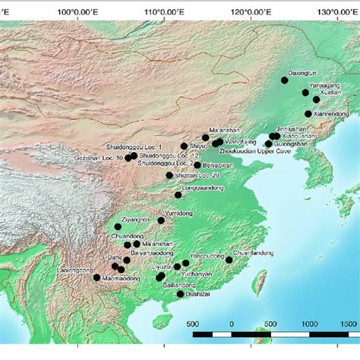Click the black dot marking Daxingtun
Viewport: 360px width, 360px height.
[x=285, y=80]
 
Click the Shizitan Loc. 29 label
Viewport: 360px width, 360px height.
[x=197, y=175]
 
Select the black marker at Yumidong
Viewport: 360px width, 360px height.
[x=161, y=220]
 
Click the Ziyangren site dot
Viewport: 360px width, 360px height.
[x=118, y=226]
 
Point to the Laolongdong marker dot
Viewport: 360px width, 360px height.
[x=96, y=278]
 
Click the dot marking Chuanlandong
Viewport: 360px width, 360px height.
[x=229, y=260]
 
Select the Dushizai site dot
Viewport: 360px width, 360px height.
[x=180, y=294]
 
